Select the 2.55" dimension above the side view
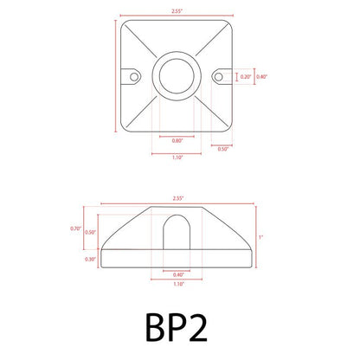click(x=177, y=198)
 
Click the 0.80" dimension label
click(x=177, y=140)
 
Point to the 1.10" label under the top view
click(x=177, y=158)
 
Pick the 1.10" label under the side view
click(x=177, y=285)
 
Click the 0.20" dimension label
click(x=245, y=77)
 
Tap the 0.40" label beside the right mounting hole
click(x=262, y=77)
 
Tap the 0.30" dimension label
click(x=91, y=259)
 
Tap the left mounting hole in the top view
click(x=135, y=77)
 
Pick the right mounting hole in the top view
click(x=219, y=77)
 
